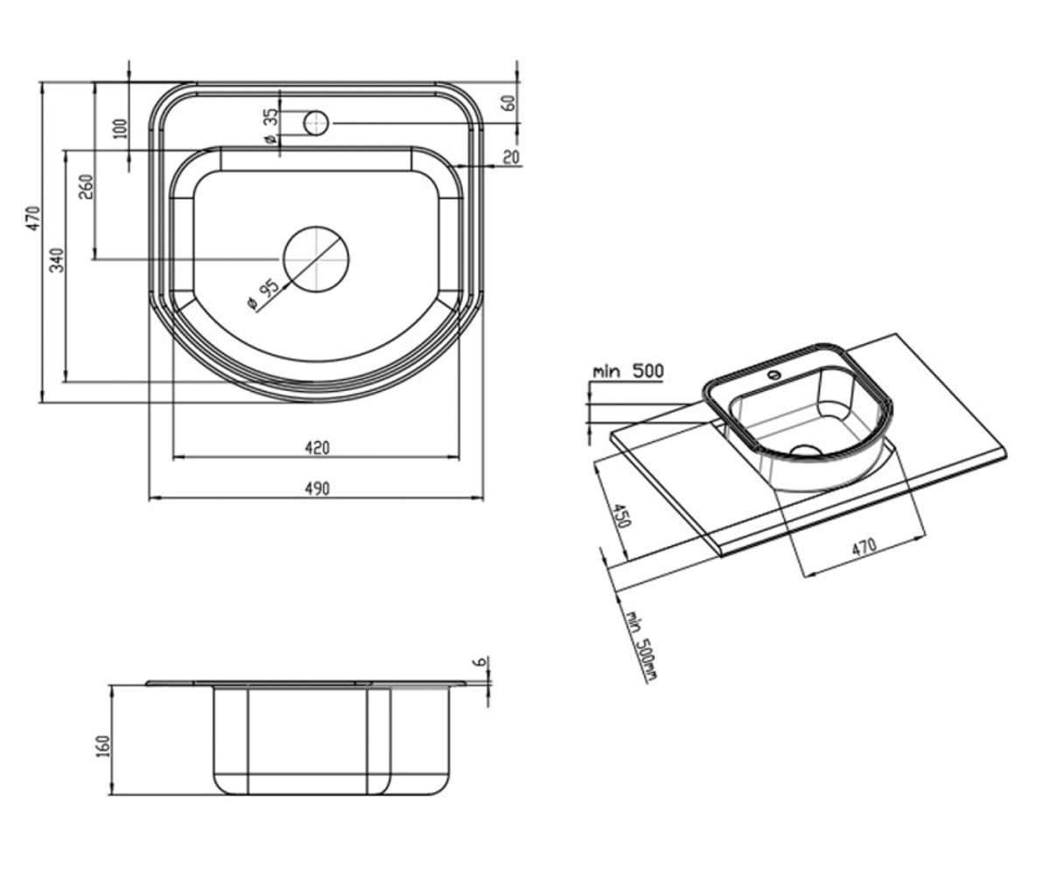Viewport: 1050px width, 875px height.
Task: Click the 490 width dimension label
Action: [x=317, y=488]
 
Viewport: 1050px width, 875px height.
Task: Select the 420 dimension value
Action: [x=317, y=447]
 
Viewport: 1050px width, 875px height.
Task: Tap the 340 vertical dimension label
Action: [x=58, y=260]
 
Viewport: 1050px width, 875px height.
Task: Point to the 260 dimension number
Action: [x=87, y=186]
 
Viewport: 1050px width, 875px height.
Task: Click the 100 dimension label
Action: [x=121, y=129]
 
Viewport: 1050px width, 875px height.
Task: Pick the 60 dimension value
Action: [x=509, y=103]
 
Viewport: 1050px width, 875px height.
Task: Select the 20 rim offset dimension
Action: [x=510, y=157]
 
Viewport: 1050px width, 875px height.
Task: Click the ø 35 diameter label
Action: [x=270, y=126]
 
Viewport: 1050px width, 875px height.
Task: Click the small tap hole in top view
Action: [x=316, y=122]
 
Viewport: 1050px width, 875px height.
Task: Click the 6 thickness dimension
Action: [x=481, y=661]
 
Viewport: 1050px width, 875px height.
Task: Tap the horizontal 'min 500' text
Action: [x=628, y=371]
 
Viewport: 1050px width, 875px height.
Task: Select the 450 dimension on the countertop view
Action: [x=621, y=515]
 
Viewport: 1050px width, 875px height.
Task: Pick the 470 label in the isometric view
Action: [x=864, y=547]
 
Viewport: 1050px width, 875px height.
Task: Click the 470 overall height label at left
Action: [x=34, y=218]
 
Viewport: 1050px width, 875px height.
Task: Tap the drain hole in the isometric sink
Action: [x=807, y=450]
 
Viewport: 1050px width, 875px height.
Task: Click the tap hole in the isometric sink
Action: [x=775, y=374]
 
